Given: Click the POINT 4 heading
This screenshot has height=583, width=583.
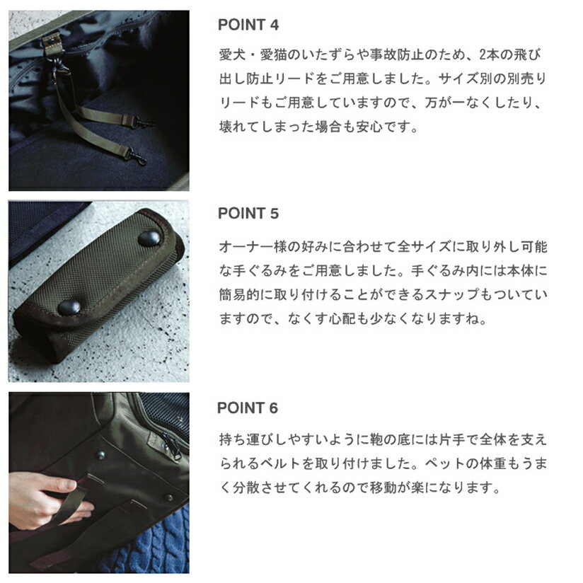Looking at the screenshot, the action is point(248,25).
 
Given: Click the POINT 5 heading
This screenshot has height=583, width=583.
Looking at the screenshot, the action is point(248,214).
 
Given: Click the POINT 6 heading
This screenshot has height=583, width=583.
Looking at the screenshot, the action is point(248,408).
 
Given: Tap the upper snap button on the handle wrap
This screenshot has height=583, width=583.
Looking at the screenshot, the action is point(149,238).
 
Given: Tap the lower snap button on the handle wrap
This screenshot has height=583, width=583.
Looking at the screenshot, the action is point(69,307).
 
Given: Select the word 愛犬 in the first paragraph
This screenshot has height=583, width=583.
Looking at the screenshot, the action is point(232,55).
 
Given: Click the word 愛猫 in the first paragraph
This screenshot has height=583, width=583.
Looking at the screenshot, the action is point(273,55).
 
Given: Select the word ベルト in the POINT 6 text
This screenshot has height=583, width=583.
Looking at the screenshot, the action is point(280,463).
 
